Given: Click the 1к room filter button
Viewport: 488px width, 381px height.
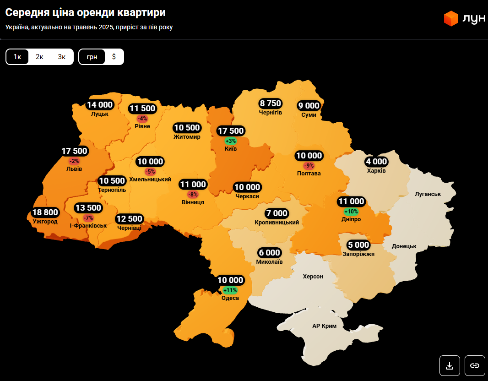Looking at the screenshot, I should (17, 57).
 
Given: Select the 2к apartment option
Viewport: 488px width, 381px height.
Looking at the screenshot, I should (39, 57).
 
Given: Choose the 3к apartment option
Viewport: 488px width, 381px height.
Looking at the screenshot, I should (61, 57).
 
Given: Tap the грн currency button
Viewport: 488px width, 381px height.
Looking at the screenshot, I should (92, 57).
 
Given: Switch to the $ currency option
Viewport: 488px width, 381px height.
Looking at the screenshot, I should (114, 57).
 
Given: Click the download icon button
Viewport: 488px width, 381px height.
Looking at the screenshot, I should (450, 365).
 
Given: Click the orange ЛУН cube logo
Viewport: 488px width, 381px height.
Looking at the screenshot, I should (451, 18).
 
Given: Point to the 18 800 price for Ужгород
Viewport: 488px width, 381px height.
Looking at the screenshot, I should (45, 212).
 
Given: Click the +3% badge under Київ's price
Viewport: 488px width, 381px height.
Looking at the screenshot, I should (231, 141).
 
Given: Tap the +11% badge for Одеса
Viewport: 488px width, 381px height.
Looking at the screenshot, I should (230, 290).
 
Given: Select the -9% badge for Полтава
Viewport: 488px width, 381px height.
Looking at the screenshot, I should (309, 165).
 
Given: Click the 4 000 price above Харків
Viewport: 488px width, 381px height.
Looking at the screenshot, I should (376, 162).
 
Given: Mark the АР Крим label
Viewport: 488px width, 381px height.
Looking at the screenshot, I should (324, 326).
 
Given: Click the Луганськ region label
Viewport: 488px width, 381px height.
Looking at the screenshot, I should (428, 194).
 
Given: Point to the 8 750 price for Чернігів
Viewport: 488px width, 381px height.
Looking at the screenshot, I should (270, 103).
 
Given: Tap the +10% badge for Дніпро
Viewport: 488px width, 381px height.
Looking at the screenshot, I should (351, 211).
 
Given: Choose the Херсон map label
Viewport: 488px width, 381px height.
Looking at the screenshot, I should (313, 277).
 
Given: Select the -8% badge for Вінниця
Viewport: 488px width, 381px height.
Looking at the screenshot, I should (193, 194).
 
